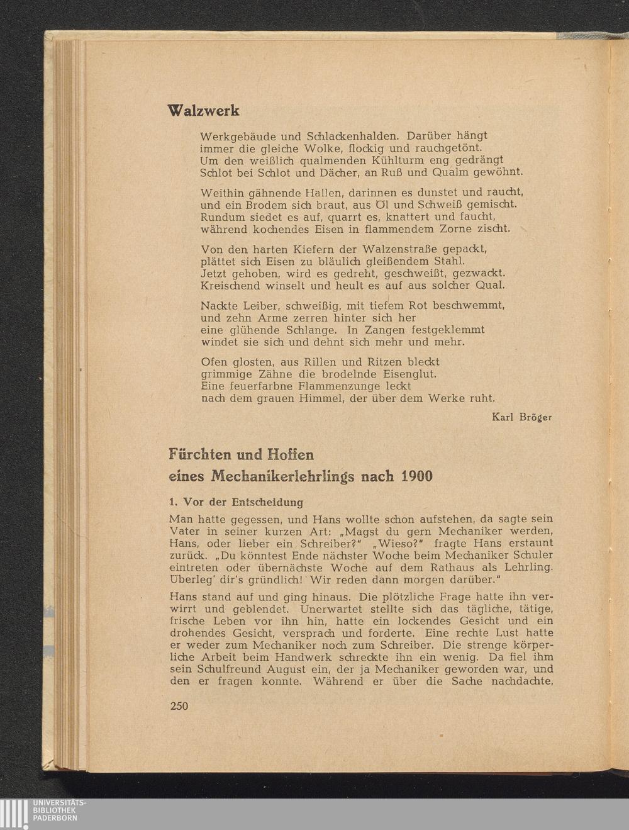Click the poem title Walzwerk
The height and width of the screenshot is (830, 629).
pyautogui.click(x=204, y=111)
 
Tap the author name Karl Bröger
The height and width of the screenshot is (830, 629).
pyautogui.click(x=521, y=417)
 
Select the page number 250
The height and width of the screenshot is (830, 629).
pyautogui.click(x=179, y=706)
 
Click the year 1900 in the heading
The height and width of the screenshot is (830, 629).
pyautogui.click(x=416, y=476)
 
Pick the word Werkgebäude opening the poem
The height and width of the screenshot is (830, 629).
pyautogui.click(x=237, y=135)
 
